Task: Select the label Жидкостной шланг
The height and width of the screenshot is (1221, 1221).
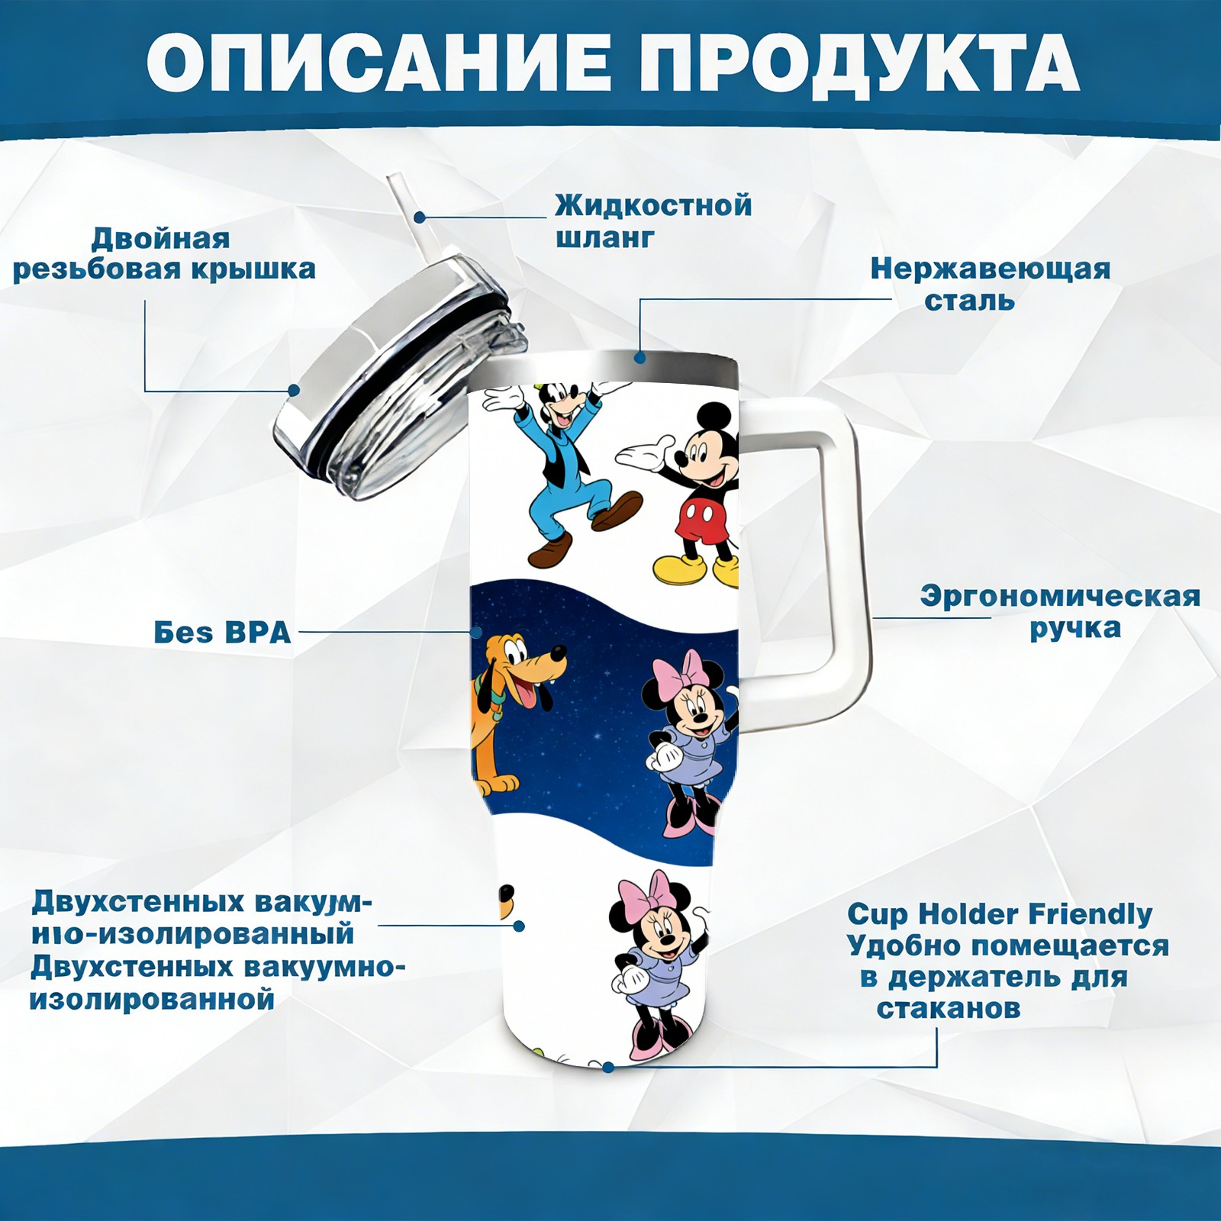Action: (x=653, y=221)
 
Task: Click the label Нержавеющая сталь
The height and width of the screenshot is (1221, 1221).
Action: (x=990, y=284)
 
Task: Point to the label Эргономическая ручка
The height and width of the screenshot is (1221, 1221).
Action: (x=1060, y=612)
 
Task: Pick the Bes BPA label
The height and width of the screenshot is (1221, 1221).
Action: (x=222, y=633)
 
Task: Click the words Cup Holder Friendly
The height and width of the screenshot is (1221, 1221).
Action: (x=1000, y=913)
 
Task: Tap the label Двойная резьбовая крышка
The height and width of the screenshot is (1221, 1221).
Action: (x=164, y=254)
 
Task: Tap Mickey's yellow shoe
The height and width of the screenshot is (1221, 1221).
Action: (x=679, y=569)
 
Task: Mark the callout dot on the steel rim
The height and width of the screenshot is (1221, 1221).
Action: (x=639, y=357)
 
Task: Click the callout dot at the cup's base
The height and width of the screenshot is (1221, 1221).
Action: (x=607, y=1067)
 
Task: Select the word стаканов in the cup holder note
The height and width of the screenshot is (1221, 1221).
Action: (x=948, y=1008)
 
